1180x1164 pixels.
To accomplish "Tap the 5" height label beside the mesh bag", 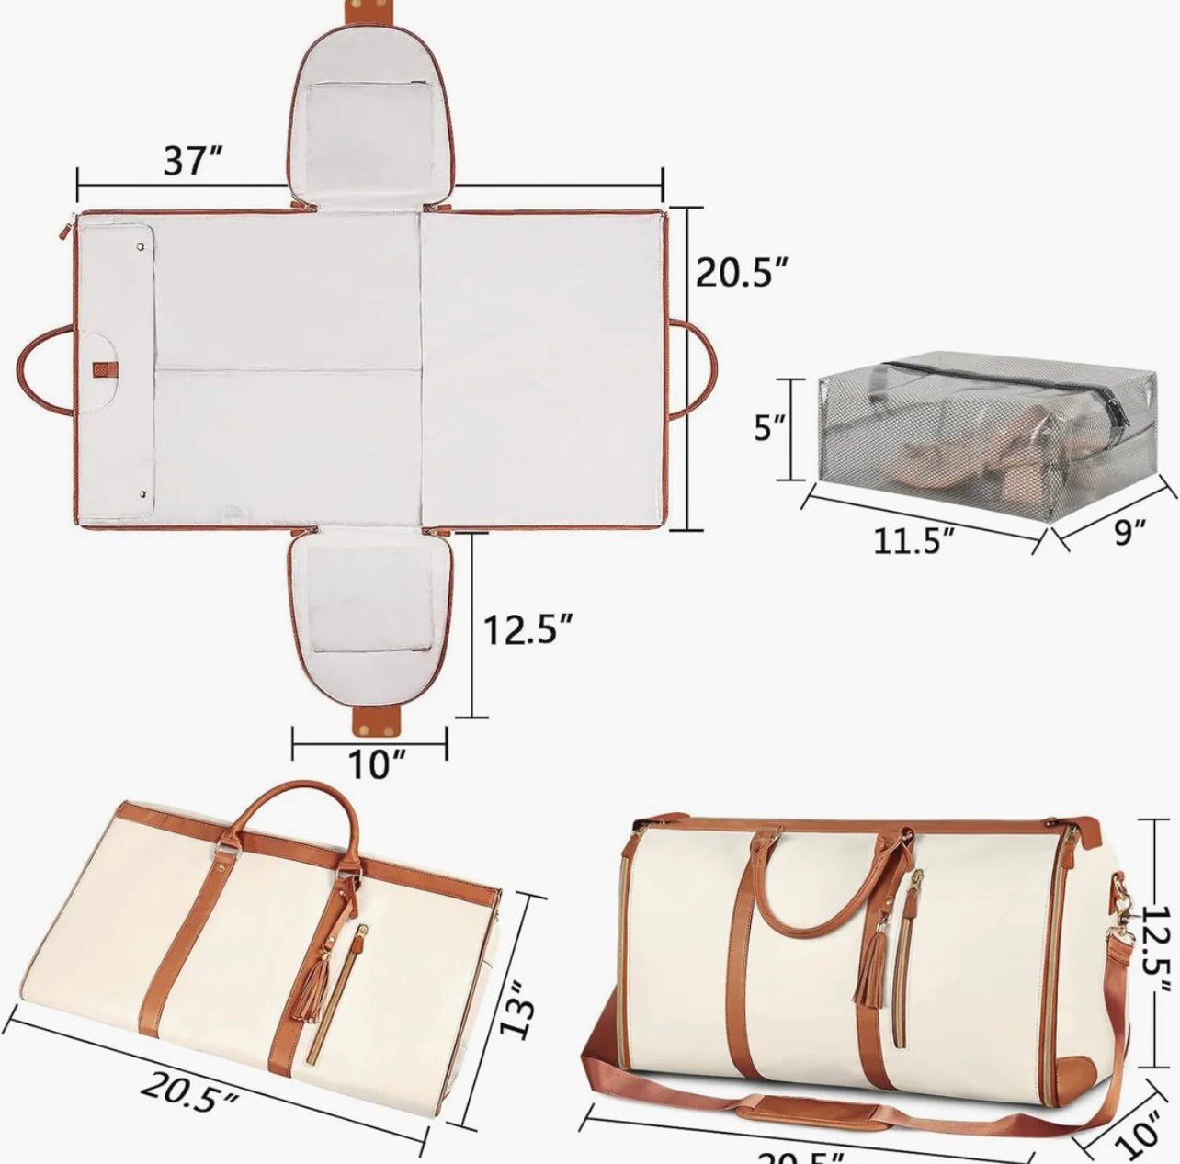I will (x=770, y=427).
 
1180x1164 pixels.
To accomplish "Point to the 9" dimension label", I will (x=1129, y=530).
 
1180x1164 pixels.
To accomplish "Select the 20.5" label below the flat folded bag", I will (x=190, y=1091).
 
